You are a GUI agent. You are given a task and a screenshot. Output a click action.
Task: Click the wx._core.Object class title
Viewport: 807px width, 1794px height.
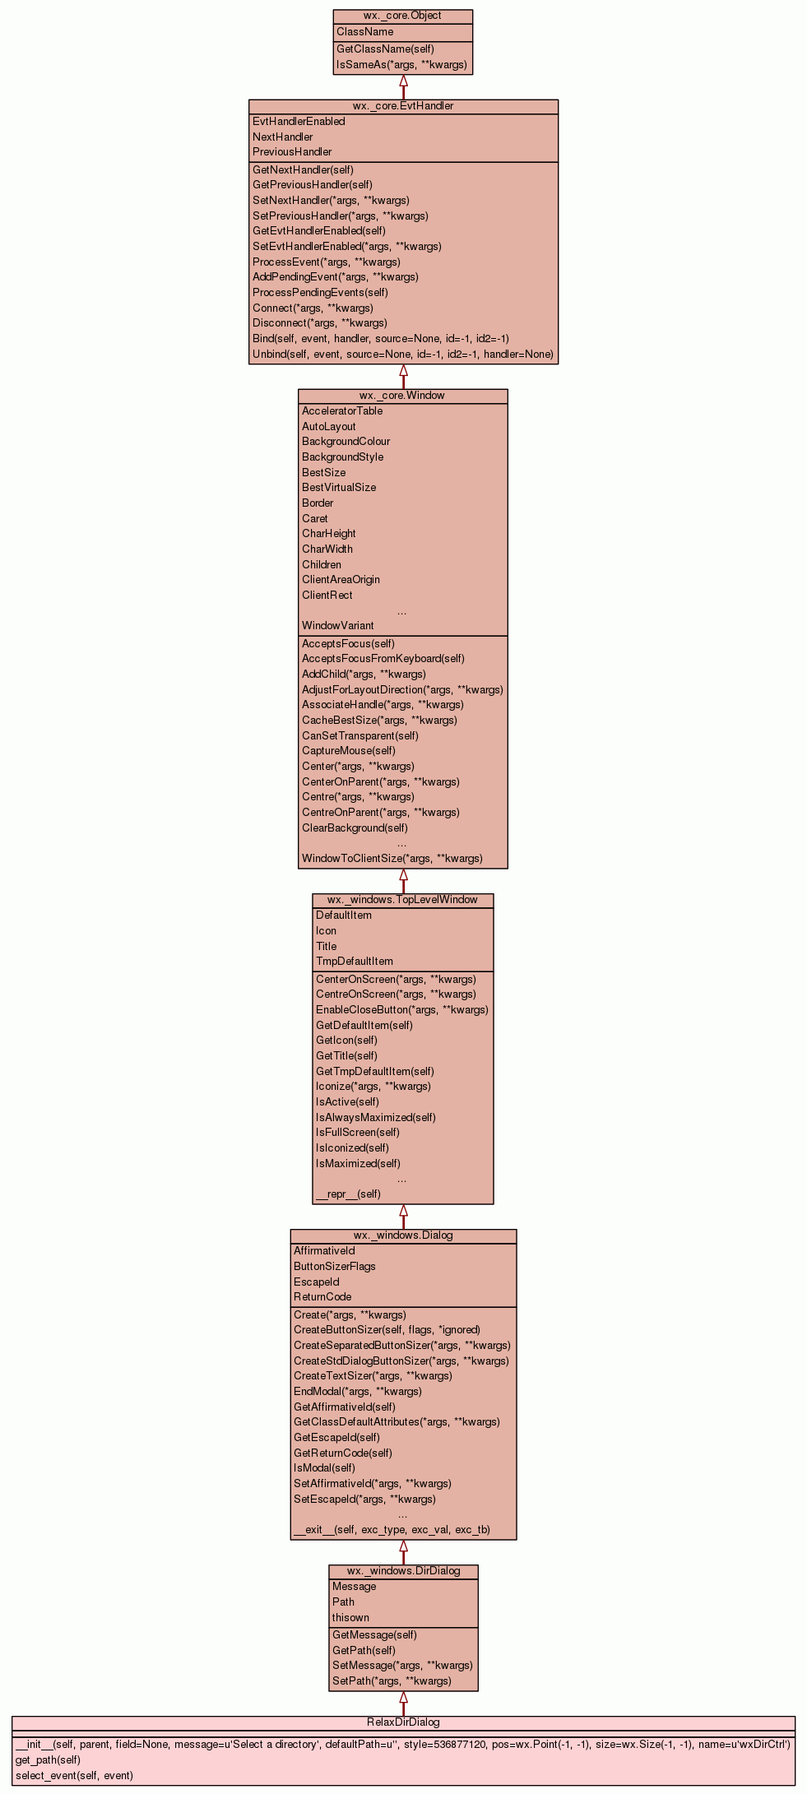(402, 16)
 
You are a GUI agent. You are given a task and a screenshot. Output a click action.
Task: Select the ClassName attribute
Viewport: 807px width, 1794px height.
(364, 32)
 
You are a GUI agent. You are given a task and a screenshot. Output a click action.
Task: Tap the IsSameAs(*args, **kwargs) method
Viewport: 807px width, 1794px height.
(401, 65)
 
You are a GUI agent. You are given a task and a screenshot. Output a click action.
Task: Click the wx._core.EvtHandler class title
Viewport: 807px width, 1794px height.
(403, 106)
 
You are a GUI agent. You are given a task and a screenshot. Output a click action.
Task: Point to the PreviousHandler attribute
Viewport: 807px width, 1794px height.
(292, 152)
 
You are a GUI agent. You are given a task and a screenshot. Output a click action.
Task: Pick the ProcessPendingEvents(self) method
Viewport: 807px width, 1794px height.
(320, 293)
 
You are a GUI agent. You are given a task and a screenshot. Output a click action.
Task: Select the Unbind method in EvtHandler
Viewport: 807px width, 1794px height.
(402, 355)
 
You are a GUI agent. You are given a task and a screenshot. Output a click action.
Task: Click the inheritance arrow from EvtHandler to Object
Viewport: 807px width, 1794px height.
(403, 86)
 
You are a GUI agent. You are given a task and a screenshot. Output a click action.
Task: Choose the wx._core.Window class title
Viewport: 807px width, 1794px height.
(402, 396)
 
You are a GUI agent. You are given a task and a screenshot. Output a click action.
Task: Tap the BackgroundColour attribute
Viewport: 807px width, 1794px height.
(346, 442)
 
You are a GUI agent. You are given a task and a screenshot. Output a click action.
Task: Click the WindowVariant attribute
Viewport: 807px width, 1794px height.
(337, 626)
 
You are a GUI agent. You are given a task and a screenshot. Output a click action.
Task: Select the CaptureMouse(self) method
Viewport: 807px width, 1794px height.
(348, 751)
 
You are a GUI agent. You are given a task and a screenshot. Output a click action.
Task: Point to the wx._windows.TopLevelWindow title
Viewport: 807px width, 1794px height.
(402, 900)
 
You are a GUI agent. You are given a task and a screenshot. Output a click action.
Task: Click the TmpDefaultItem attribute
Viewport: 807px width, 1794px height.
(354, 962)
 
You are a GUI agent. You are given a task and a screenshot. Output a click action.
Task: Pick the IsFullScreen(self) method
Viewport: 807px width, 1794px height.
(357, 1133)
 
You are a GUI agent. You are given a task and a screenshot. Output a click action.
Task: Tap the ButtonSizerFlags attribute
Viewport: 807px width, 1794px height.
(334, 1267)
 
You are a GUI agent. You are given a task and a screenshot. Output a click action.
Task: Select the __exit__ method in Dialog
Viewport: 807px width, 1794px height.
(392, 1530)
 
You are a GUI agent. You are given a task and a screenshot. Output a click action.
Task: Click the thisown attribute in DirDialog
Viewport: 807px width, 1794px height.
(350, 1618)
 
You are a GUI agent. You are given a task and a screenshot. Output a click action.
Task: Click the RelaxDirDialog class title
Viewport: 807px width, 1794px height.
(403, 1722)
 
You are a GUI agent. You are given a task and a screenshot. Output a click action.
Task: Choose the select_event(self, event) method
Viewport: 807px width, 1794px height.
(74, 1775)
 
